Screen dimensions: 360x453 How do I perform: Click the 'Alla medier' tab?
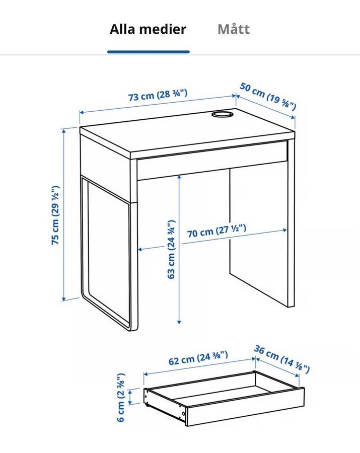click(148, 29)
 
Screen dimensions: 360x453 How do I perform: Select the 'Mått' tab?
click(234, 29)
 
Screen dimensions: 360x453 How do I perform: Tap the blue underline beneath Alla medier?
click(149, 52)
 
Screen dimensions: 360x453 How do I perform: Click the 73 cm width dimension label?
click(158, 95)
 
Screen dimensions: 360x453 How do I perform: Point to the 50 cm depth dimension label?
click(268, 96)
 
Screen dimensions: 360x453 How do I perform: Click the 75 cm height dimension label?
click(55, 215)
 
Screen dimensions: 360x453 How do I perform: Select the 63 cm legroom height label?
click(171, 249)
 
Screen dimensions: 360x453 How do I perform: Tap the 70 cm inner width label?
click(217, 231)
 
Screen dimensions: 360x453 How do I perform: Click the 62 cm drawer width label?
click(198, 358)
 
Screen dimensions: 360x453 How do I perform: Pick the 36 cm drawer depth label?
click(281, 359)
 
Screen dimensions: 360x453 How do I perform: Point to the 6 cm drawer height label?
click(121, 397)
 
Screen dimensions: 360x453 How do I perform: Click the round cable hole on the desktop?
click(222, 114)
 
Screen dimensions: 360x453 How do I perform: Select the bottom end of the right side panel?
click(291, 306)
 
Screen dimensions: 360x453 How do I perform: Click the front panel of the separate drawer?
click(245, 407)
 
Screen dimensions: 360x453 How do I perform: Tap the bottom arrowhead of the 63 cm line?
click(179, 321)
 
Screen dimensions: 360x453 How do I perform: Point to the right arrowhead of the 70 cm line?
click(284, 230)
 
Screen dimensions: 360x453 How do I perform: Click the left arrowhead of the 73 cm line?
click(82, 112)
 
